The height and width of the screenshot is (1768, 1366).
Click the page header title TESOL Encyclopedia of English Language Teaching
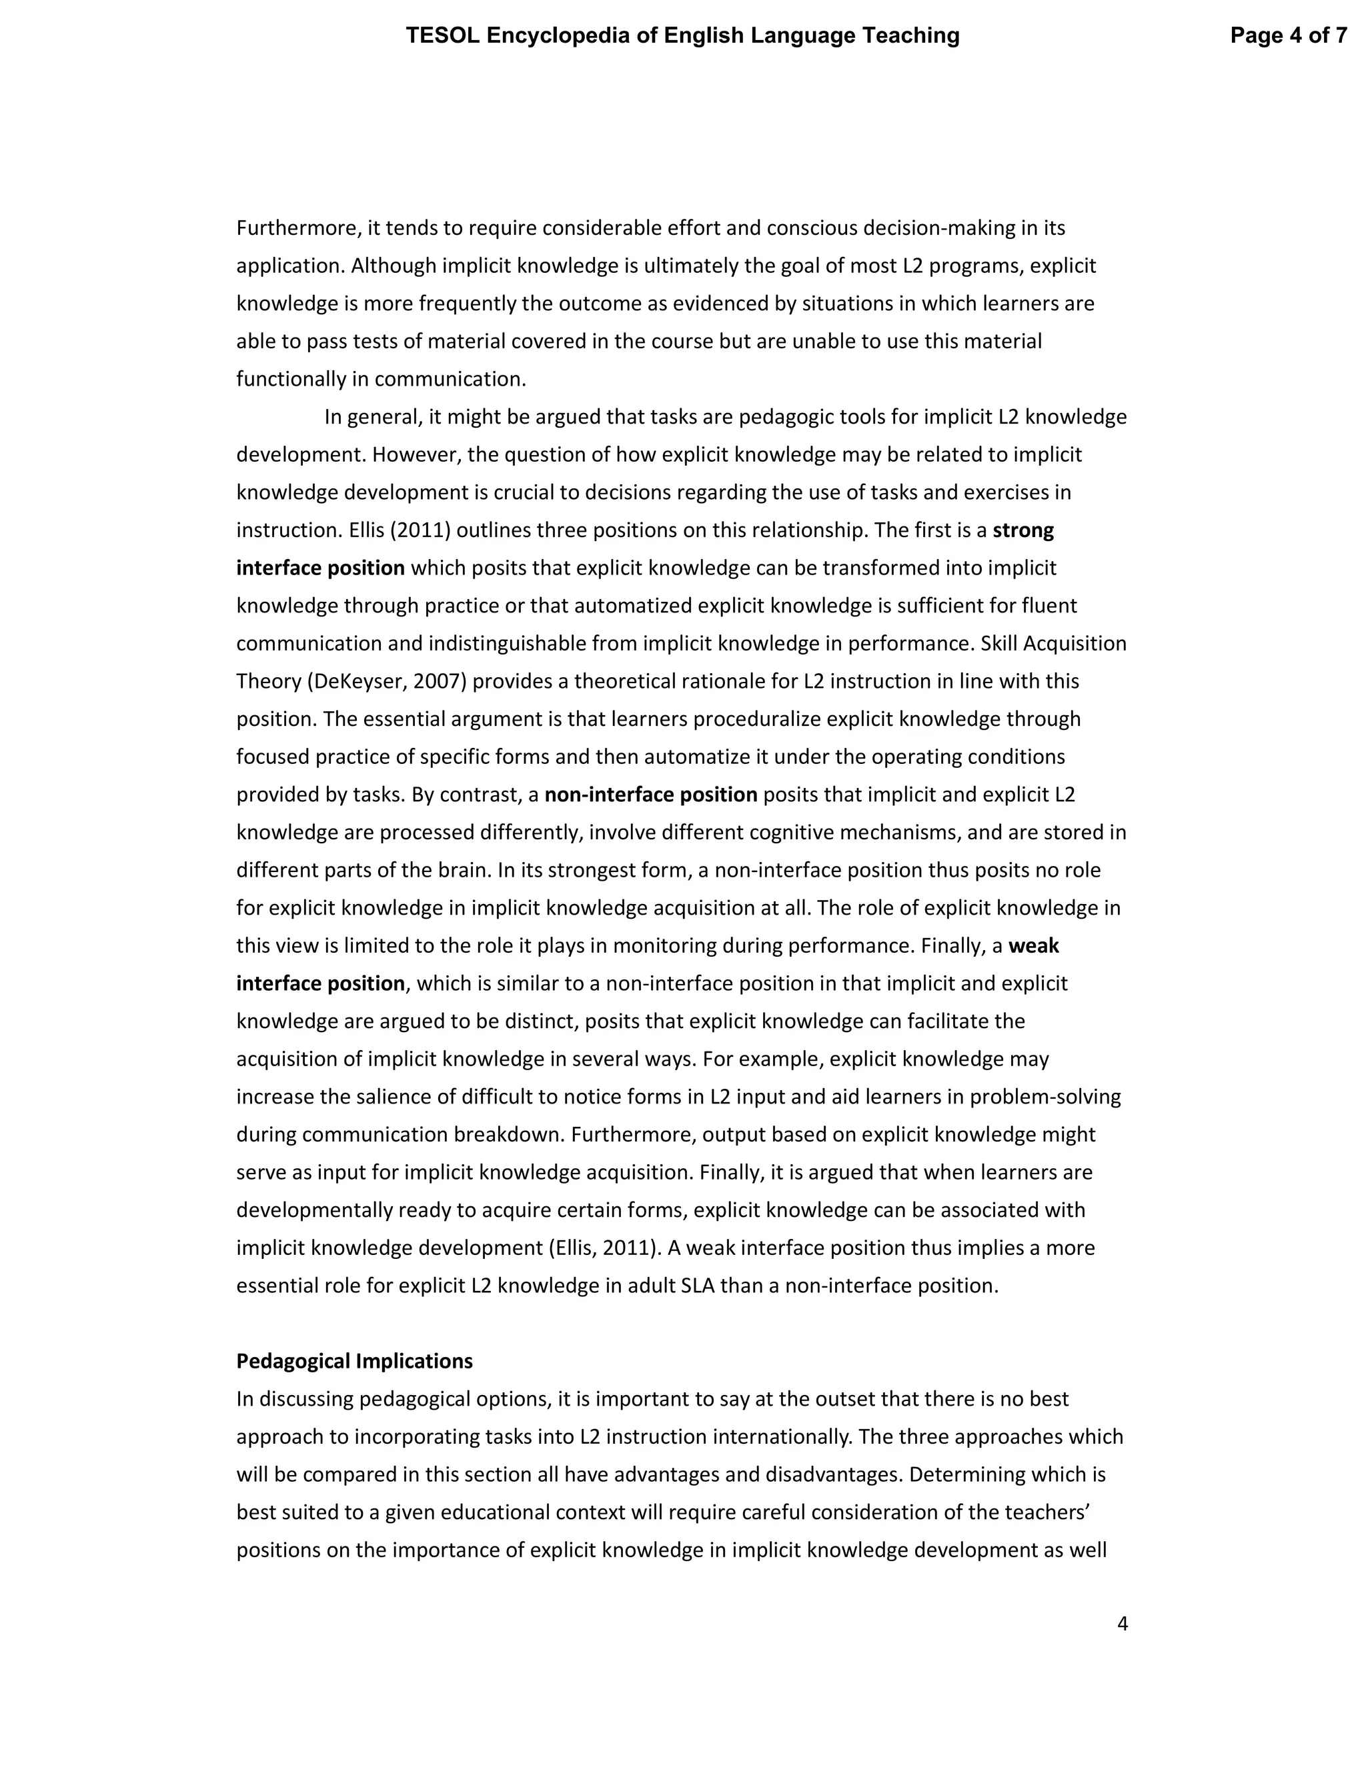click(682, 35)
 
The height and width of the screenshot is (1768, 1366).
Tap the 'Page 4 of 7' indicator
click(1289, 35)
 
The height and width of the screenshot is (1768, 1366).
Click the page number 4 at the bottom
click(1122, 1623)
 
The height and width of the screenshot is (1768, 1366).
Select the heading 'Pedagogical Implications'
click(354, 1361)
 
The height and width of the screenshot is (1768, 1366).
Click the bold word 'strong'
click(1023, 530)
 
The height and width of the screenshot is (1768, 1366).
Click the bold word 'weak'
click(1033, 945)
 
